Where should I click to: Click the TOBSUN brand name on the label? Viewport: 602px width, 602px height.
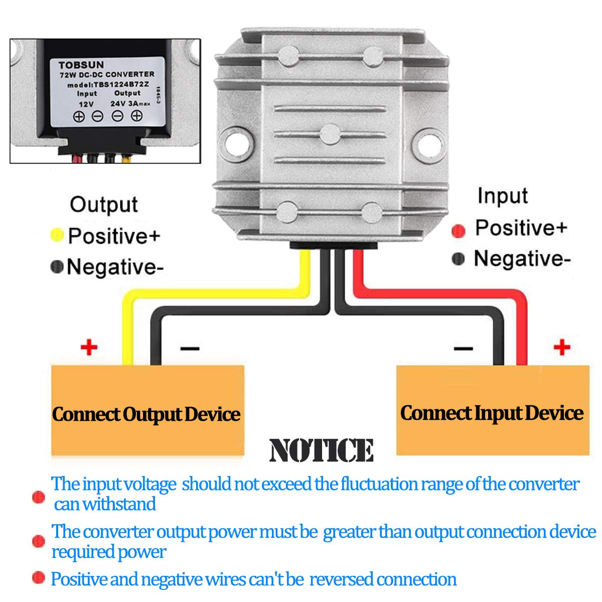(x=81, y=65)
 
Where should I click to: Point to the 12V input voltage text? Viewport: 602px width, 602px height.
(x=86, y=104)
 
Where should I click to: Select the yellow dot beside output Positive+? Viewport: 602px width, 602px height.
(x=57, y=235)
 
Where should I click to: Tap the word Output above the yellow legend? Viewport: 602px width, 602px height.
(x=103, y=205)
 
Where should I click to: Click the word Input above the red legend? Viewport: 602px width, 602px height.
(x=502, y=196)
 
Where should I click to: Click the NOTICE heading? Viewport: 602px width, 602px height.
(x=321, y=450)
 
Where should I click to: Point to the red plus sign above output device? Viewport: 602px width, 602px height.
(x=89, y=347)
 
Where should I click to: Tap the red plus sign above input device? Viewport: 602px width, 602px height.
(x=562, y=347)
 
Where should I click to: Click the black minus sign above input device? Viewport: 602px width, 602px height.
(x=463, y=348)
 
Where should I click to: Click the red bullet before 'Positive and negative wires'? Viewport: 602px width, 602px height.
(x=38, y=578)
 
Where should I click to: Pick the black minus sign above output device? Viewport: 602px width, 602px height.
(x=190, y=348)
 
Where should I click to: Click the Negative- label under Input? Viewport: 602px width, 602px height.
(x=522, y=259)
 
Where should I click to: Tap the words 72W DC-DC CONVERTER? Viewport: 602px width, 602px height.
(x=107, y=74)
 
